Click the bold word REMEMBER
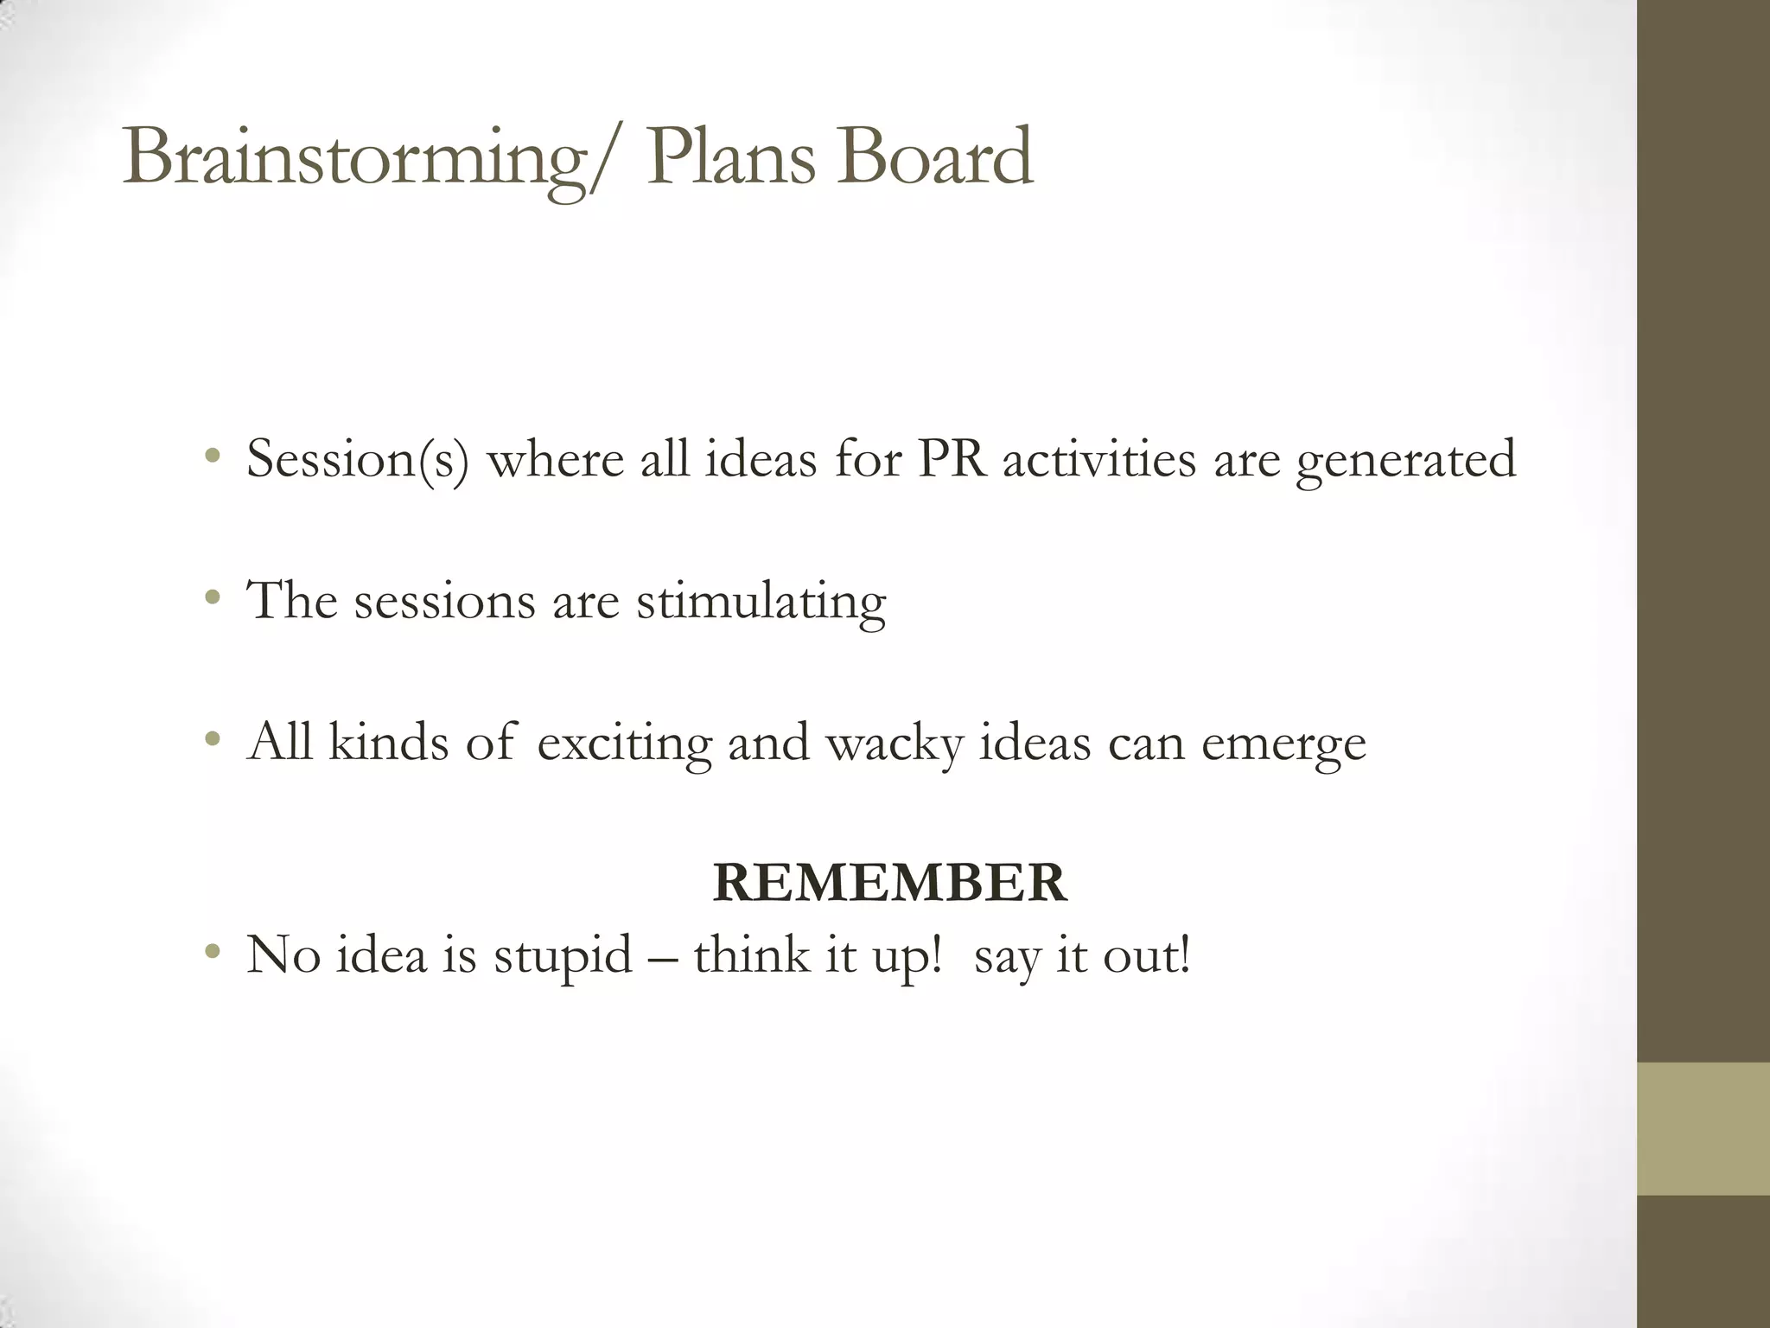[x=889, y=883]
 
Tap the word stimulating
[x=761, y=602]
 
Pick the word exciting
[x=624, y=744]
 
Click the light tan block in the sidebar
[x=1703, y=1128]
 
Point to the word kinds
[x=389, y=742]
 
